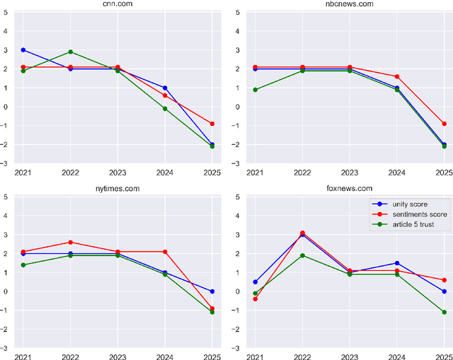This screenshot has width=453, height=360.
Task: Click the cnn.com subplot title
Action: coord(117,4)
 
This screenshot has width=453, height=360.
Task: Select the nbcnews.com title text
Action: coord(349,4)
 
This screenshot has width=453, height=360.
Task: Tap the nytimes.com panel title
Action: coord(117,189)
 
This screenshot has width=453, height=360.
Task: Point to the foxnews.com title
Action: coord(349,189)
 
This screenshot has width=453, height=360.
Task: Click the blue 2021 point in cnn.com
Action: coord(23,50)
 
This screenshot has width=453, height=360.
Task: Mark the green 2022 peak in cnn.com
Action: coord(71,52)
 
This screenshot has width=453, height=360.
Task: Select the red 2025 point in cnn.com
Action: coord(212,124)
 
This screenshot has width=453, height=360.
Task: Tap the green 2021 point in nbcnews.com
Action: coord(255,90)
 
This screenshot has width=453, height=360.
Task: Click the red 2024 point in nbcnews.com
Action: coord(396,76)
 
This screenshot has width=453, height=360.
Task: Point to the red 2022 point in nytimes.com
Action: coord(71,242)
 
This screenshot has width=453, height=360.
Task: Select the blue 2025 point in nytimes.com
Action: coord(212,291)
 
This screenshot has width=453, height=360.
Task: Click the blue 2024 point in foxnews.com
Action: coord(396,263)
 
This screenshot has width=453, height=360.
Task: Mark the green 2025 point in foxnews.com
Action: coord(444,312)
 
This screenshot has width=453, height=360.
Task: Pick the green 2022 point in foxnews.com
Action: coord(302,255)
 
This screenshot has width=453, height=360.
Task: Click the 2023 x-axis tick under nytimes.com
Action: coord(117,356)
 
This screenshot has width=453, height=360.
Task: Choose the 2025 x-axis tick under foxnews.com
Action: coord(442,356)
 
